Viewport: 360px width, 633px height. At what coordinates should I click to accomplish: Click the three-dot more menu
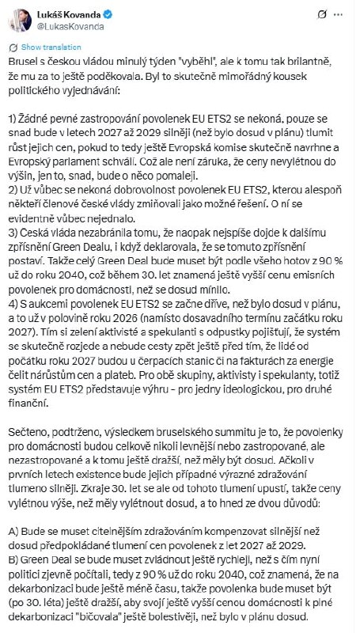click(x=341, y=15)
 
